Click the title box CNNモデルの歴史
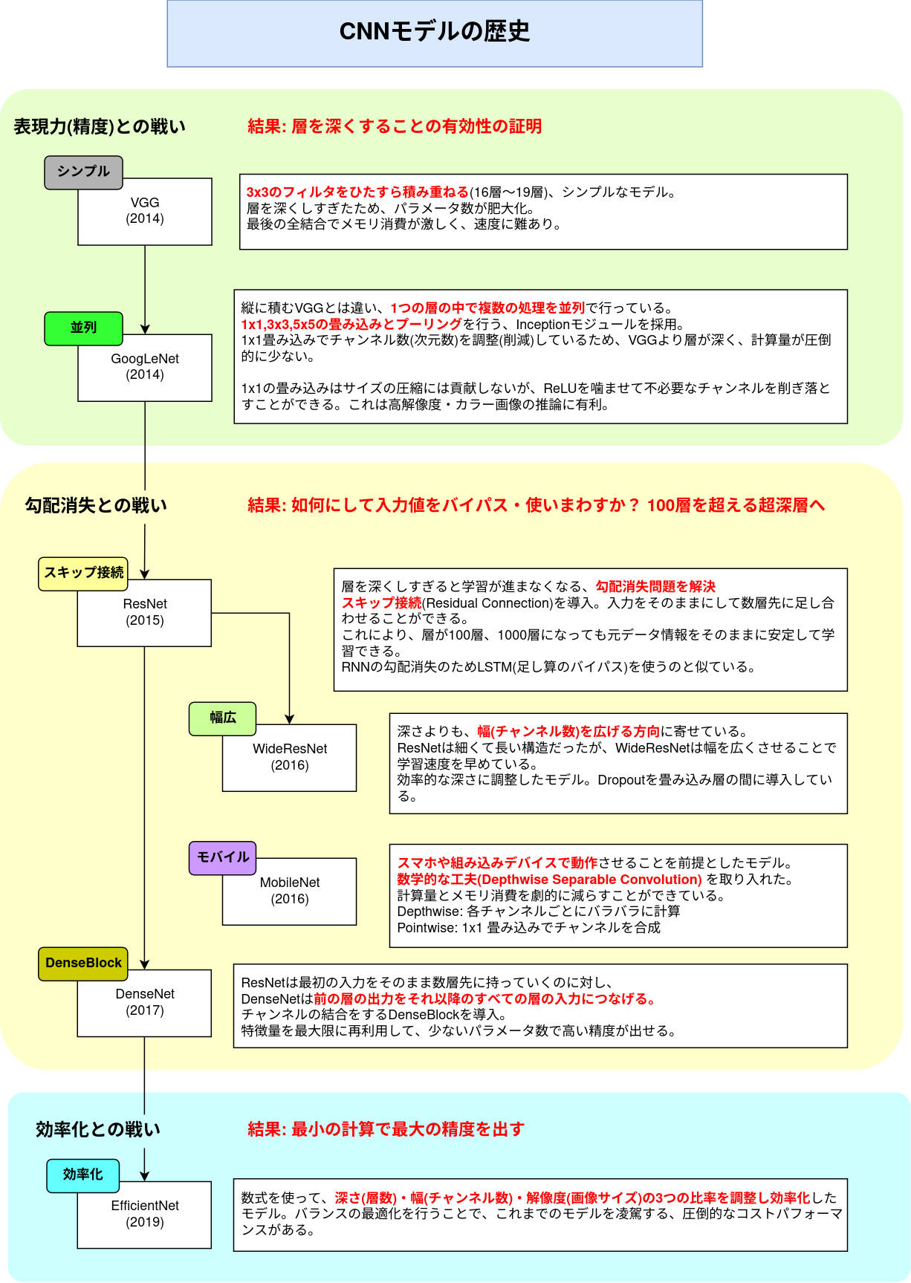[x=435, y=33]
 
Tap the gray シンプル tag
[x=83, y=172]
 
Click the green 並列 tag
[x=83, y=328]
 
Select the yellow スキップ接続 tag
[x=83, y=574]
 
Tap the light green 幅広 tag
[x=222, y=718]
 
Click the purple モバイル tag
[x=222, y=857]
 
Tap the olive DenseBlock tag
[x=83, y=964]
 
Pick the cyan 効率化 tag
[x=82, y=1175]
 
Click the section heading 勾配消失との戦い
[x=96, y=506]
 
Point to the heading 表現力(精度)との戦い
[x=100, y=127]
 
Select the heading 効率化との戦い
[x=98, y=1130]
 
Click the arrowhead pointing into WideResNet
[x=290, y=719]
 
